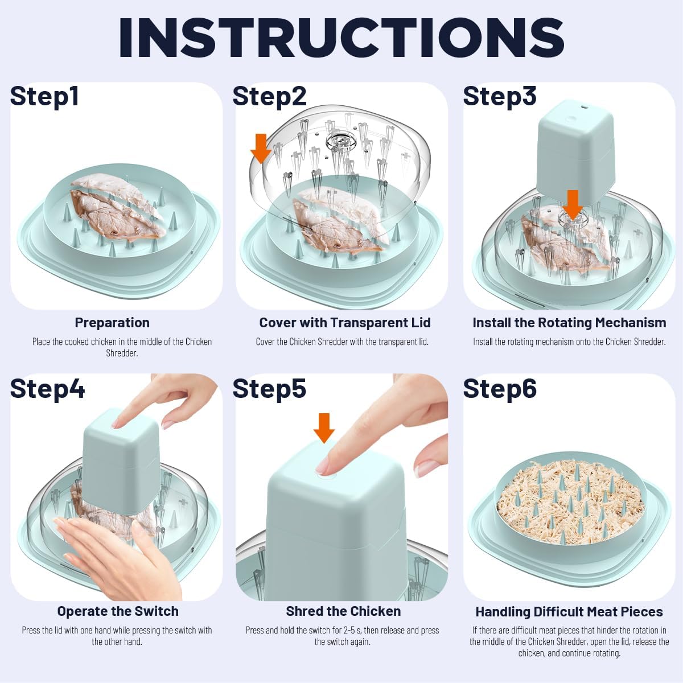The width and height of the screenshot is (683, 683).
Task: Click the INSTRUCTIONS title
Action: pyautogui.click(x=341, y=36)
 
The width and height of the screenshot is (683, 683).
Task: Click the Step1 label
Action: pyautogui.click(x=44, y=97)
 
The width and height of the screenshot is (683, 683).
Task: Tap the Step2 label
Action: pyautogui.click(x=269, y=97)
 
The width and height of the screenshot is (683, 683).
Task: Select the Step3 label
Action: pyautogui.click(x=500, y=97)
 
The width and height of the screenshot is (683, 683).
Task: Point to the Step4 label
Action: pyautogui.click(x=47, y=389)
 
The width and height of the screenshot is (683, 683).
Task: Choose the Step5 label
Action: pyautogui.click(x=269, y=389)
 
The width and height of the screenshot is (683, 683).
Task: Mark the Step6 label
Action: pyautogui.click(x=500, y=389)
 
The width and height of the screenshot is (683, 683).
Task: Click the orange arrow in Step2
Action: pyautogui.click(x=261, y=149)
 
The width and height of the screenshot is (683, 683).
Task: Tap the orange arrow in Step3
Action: pyautogui.click(x=573, y=205)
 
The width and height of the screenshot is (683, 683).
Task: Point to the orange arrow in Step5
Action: pyautogui.click(x=324, y=428)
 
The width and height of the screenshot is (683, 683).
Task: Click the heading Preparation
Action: pyautogui.click(x=112, y=323)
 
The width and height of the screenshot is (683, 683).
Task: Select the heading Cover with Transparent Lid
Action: pyautogui.click(x=345, y=323)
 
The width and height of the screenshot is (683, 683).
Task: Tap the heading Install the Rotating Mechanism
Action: pyautogui.click(x=569, y=323)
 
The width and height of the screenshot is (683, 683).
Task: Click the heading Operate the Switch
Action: pyautogui.click(x=118, y=611)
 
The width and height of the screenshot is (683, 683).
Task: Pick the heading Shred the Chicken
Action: pyautogui.click(x=343, y=611)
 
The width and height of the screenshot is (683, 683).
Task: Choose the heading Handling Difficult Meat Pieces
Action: pyautogui.click(x=569, y=612)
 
